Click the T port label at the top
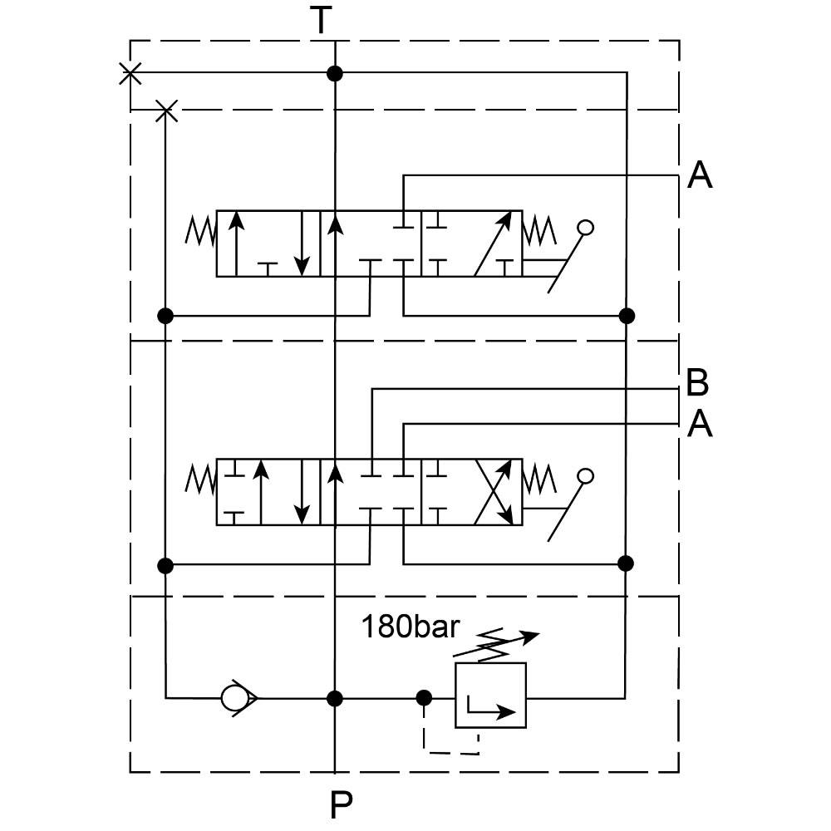(x=322, y=20)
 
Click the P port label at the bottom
(x=341, y=804)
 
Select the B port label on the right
(x=698, y=384)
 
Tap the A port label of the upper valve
(x=700, y=175)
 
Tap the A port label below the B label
(x=700, y=425)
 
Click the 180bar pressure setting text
(x=409, y=627)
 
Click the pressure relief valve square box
(x=490, y=696)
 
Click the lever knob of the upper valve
(x=586, y=227)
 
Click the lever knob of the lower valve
(x=586, y=476)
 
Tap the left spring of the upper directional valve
(x=199, y=231)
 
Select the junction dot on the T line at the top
(x=335, y=73)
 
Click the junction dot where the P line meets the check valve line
(x=335, y=697)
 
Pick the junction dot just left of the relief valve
(x=424, y=697)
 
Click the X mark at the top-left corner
(x=130, y=73)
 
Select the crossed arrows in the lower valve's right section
(x=492, y=491)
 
